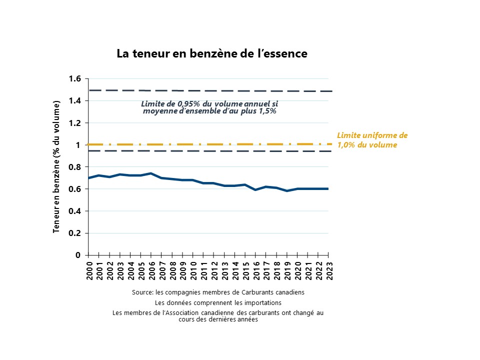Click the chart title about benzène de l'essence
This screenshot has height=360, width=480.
[212, 53]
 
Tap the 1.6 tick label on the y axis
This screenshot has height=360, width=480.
[74, 78]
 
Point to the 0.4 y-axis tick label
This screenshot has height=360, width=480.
[74, 211]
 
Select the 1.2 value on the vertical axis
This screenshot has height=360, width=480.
[74, 123]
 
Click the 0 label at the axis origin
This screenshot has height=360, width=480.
[78, 255]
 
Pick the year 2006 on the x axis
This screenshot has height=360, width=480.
[151, 270]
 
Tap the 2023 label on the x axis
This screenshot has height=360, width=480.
[329, 270]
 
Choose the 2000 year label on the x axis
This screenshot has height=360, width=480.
[89, 270]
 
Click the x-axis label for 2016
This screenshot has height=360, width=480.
[256, 270]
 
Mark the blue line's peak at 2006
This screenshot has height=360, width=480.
[151, 173]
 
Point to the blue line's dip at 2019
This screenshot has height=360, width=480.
[287, 190]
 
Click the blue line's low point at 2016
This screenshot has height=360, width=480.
[255, 190]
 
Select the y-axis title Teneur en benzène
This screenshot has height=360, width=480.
[56, 167]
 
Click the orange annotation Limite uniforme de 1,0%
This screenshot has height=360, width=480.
[372, 140]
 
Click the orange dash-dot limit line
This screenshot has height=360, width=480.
[209, 144]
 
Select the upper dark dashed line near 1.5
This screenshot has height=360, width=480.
[210, 90]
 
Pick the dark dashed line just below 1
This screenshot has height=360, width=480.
[210, 151]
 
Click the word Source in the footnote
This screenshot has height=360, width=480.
[142, 292]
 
